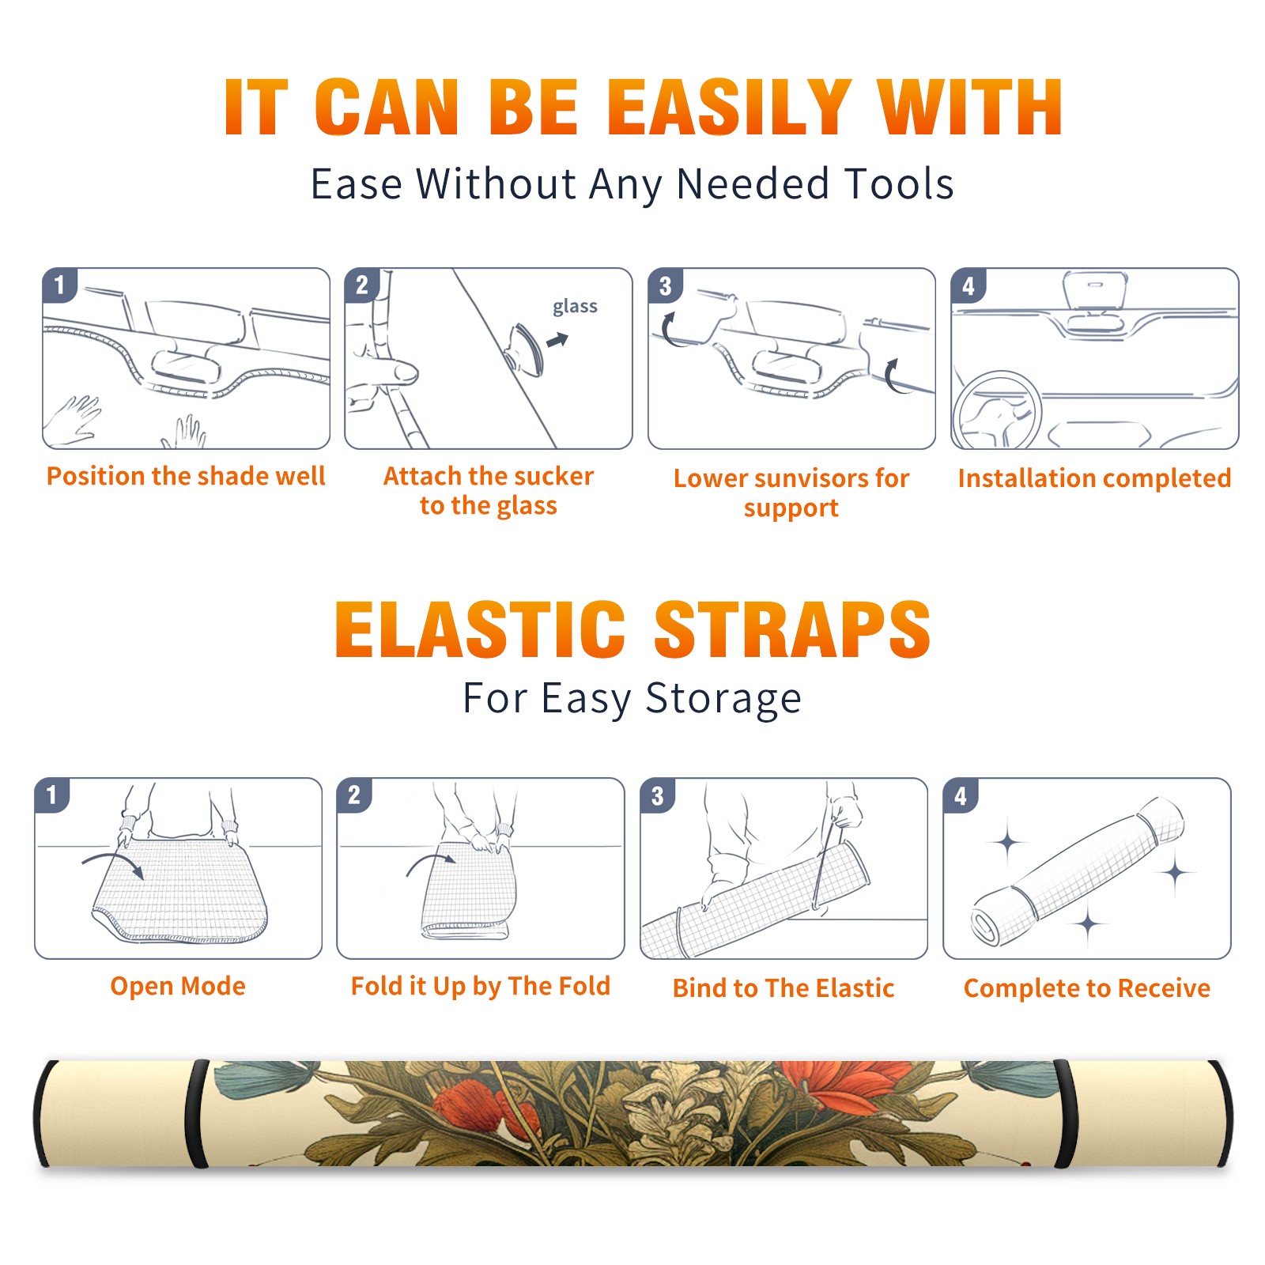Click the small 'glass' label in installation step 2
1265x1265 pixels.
click(575, 307)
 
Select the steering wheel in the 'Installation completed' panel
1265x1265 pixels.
click(997, 410)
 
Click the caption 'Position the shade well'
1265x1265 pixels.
click(186, 476)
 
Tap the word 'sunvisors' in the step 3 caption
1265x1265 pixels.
click(812, 478)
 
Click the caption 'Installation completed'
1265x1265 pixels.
click(1094, 478)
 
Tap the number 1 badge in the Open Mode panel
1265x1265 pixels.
click(52, 795)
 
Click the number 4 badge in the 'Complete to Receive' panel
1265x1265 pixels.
click(961, 795)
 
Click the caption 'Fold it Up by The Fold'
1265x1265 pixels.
click(481, 986)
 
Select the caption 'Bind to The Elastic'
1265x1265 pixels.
click(784, 988)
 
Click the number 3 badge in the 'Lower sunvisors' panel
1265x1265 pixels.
click(665, 285)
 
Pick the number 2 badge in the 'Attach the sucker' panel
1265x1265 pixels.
click(362, 285)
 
